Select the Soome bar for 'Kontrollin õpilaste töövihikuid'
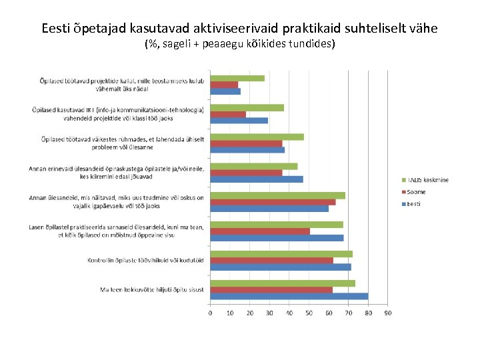tap(271, 261)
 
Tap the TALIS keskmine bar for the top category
tap(237, 78)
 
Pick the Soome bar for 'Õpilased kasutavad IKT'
tap(228, 114)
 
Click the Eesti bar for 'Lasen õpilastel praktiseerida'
tap(277, 238)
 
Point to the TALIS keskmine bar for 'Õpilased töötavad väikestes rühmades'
tap(257, 137)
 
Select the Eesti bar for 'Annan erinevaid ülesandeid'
tap(257, 179)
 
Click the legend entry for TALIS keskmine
tap(427, 180)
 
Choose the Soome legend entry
tap(416, 192)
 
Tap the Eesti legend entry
tap(414, 204)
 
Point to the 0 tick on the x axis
tap(211, 313)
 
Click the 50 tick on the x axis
tap(309, 313)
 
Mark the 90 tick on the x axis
tap(387, 313)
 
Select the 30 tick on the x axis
tap(269, 313)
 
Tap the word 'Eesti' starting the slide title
tap(55, 29)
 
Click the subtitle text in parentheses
tap(239, 45)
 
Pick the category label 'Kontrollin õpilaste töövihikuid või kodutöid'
tap(145, 261)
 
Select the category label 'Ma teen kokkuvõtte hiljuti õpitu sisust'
tap(152, 290)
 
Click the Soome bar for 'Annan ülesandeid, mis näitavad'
tap(273, 202)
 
